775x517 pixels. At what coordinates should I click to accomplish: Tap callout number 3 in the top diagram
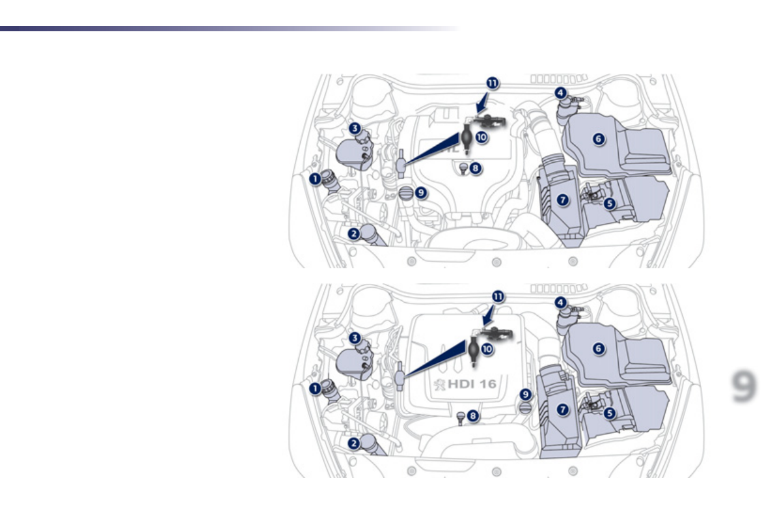pyautogui.click(x=354, y=128)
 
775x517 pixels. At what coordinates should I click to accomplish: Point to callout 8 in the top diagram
pyautogui.click(x=476, y=168)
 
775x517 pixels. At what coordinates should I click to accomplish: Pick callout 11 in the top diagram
pyautogui.click(x=493, y=83)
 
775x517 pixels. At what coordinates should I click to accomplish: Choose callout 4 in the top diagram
pyautogui.click(x=560, y=93)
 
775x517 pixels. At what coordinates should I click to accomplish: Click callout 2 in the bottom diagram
pyautogui.click(x=354, y=443)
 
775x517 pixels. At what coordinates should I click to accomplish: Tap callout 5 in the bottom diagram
pyautogui.click(x=610, y=413)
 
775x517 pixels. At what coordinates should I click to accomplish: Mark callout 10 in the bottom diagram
pyautogui.click(x=486, y=348)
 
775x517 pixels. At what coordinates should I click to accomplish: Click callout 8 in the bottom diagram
pyautogui.click(x=474, y=415)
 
